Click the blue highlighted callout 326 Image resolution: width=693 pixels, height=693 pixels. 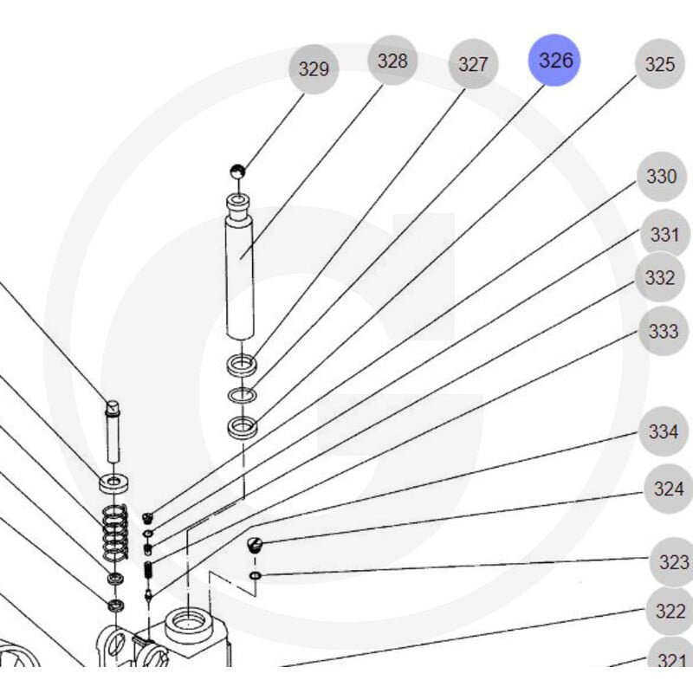point(554,60)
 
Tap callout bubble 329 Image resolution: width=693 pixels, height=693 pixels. point(314,69)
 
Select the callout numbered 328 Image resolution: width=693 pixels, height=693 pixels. point(392,60)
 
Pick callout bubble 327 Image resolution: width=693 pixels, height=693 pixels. point(473,64)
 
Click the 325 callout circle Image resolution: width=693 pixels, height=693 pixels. point(660,64)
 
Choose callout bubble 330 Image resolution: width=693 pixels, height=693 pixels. point(662,177)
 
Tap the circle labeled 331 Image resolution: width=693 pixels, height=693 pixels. point(664,234)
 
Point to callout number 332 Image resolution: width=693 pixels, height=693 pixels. point(660,277)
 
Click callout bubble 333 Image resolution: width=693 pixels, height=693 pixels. point(664,331)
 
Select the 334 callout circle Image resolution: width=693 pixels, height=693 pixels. point(664,431)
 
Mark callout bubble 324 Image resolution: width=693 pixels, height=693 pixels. point(669,489)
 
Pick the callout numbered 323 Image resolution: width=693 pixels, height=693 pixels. point(672,562)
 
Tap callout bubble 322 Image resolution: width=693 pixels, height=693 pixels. point(670,612)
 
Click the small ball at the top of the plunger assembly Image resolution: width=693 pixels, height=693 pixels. point(237,171)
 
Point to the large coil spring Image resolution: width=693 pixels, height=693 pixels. point(115,531)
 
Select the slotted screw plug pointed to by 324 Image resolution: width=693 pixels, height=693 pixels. point(255,545)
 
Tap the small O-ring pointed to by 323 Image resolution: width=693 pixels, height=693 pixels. point(255,575)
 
